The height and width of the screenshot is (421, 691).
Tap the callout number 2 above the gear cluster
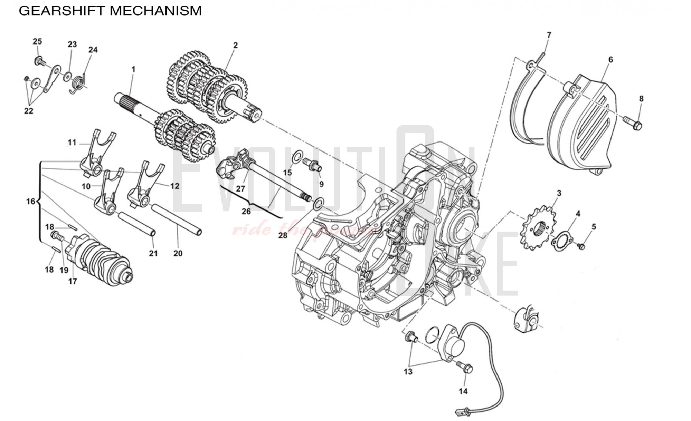click(235, 45)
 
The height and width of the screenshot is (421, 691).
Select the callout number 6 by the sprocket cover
click(610, 60)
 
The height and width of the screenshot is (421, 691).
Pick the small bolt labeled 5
click(581, 246)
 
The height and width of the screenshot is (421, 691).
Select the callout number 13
click(408, 372)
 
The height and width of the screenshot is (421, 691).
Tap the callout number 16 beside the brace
click(30, 201)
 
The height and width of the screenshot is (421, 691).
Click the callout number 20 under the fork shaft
click(178, 254)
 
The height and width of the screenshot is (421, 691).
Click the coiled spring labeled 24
click(78, 83)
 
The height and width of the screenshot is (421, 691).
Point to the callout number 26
click(246, 211)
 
